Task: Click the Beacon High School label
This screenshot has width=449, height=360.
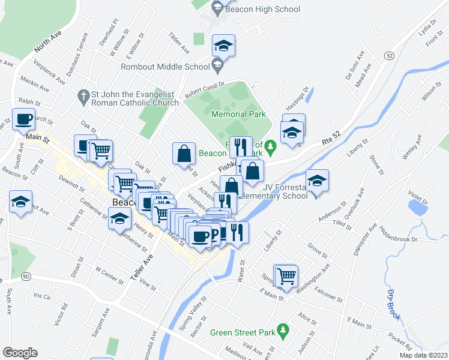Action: click(262, 10)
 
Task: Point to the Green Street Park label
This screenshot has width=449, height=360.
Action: click(243, 332)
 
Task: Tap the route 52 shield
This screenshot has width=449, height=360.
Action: click(390, 55)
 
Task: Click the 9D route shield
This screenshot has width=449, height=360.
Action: click(25, 277)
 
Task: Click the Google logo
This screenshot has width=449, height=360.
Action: click(20, 352)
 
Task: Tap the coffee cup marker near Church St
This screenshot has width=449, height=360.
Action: click(23, 119)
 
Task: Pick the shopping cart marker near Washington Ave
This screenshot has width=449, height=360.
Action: click(286, 275)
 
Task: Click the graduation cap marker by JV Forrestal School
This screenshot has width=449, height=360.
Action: click(317, 179)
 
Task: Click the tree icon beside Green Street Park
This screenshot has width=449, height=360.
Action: click(284, 329)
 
